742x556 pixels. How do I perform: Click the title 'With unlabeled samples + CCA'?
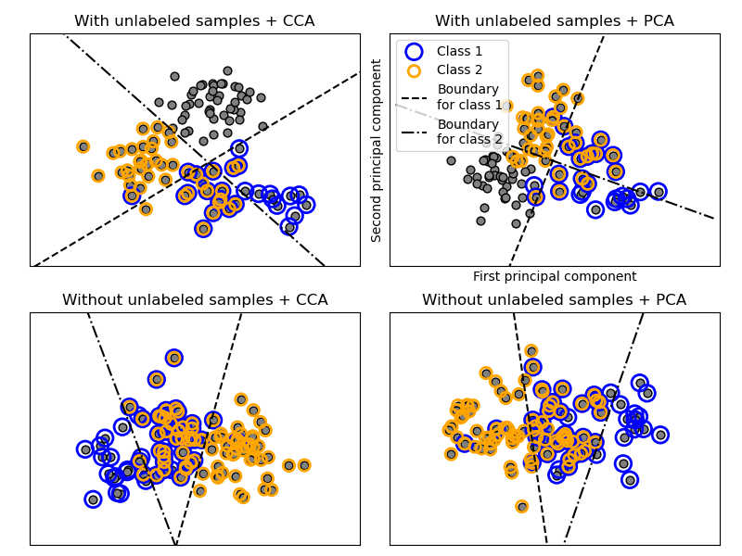(x=194, y=20)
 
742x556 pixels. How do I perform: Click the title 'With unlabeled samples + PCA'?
(x=554, y=20)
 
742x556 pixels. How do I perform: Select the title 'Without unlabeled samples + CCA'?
(x=194, y=299)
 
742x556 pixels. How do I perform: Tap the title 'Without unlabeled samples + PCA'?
(x=554, y=299)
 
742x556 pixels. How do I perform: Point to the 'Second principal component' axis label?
(x=377, y=150)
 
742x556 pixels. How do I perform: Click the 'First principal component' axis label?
(x=555, y=276)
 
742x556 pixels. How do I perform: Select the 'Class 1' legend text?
(x=459, y=52)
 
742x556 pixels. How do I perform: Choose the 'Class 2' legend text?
(x=459, y=70)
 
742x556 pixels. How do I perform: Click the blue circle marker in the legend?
(x=414, y=52)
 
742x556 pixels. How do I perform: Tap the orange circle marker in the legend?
(x=414, y=70)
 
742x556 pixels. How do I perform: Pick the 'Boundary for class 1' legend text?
(x=468, y=97)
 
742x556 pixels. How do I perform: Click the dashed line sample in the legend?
(x=414, y=97)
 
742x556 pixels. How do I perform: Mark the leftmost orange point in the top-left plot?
(x=83, y=146)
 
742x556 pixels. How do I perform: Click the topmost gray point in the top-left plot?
(x=227, y=70)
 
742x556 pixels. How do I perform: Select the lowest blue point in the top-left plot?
(x=203, y=229)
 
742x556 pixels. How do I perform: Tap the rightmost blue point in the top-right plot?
(x=659, y=192)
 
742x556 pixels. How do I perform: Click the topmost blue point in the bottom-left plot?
(x=173, y=358)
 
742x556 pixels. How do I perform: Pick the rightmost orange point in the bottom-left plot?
(x=304, y=465)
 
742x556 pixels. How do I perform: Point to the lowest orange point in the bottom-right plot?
(x=522, y=506)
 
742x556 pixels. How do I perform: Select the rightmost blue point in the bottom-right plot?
(x=660, y=435)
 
